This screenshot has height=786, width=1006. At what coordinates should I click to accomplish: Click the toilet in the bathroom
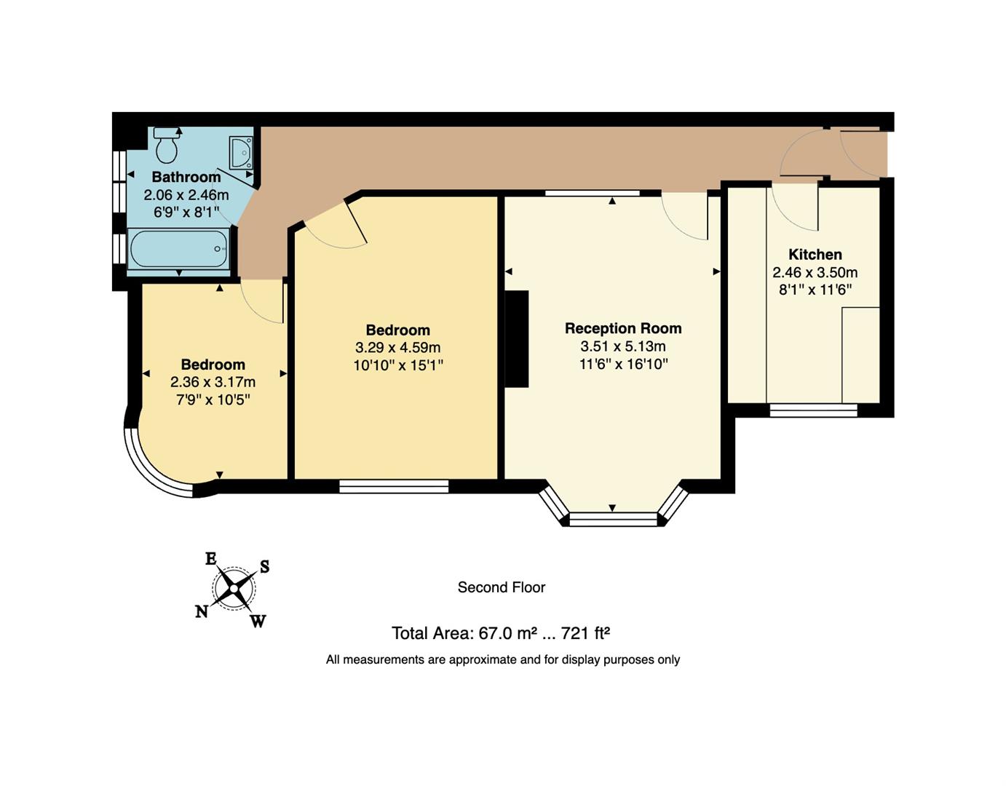click(x=167, y=146)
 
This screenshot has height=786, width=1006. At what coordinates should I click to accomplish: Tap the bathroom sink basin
click(x=240, y=152)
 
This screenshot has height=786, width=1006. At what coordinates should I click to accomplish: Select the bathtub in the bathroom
click(x=179, y=249)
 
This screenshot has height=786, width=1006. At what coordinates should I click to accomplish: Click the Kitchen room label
click(x=815, y=255)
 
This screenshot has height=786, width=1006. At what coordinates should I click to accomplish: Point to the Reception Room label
click(x=623, y=328)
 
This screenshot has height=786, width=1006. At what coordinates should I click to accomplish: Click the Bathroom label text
click(x=186, y=177)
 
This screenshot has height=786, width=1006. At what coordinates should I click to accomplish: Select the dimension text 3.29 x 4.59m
click(x=397, y=348)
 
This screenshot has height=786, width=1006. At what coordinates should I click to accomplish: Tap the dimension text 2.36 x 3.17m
click(x=213, y=382)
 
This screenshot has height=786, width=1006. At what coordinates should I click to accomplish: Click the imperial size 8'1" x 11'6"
click(x=815, y=290)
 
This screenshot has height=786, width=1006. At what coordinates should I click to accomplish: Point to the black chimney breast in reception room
click(x=516, y=338)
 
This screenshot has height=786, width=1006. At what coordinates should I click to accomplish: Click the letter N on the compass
click(x=202, y=612)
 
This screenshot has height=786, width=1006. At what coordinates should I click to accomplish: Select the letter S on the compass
click(x=265, y=566)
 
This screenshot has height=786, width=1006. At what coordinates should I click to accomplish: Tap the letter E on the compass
click(x=210, y=559)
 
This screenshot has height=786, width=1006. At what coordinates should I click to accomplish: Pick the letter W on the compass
click(x=258, y=621)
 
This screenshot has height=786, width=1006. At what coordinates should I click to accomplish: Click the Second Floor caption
click(x=501, y=587)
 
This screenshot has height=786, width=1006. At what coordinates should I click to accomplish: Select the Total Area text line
click(x=501, y=633)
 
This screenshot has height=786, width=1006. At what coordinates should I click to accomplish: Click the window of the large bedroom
click(x=394, y=486)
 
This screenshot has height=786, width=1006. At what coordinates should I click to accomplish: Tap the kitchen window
click(x=813, y=410)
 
